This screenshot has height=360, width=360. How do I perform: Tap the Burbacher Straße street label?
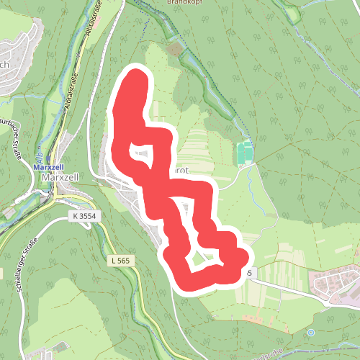[x=12, y=132]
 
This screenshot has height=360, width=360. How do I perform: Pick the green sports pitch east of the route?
[x=244, y=153]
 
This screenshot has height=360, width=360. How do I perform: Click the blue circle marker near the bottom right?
[x=310, y=332]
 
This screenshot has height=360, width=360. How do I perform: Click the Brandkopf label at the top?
[x=162, y=2]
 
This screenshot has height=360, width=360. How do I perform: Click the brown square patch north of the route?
[x=174, y=50]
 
